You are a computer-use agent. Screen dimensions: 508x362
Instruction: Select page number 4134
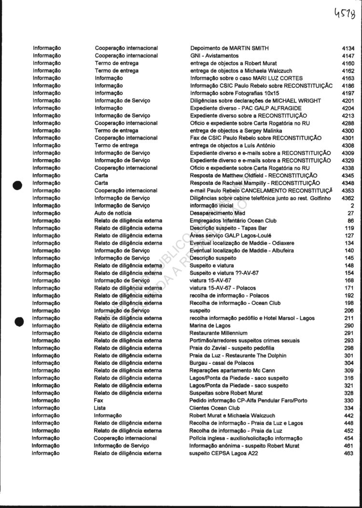coord(348,48)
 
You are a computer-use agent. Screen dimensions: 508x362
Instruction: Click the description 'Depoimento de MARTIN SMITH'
coord(229,48)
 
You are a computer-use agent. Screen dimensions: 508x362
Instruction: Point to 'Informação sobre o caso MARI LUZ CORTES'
coord(247,78)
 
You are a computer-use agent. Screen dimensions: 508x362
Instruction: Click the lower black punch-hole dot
coord(19,321)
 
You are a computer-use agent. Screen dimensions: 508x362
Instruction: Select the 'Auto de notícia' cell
coord(112,213)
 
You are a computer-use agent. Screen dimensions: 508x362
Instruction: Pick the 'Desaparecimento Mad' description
coord(218,213)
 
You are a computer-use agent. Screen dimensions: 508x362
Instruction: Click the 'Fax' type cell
coord(98,400)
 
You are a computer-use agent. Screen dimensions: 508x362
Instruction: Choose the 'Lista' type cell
coord(99,408)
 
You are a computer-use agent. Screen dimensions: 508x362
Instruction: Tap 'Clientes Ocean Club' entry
coord(214,408)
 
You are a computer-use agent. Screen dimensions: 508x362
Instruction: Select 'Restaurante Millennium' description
coord(218,333)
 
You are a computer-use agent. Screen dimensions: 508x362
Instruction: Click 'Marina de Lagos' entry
coord(209,326)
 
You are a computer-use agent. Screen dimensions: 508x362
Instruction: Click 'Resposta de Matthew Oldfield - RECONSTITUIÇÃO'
coord(253,176)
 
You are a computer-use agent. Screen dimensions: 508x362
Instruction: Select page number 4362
coord(348,198)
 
